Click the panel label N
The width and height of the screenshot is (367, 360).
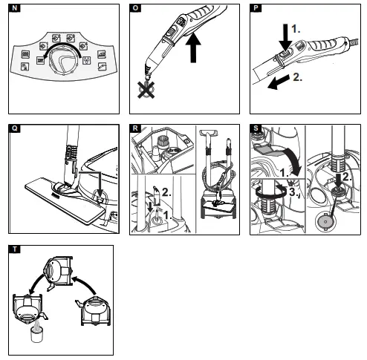point(15,8)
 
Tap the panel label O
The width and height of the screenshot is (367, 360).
point(135,8)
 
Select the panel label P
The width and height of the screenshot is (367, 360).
point(256,8)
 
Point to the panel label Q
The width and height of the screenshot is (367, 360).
point(15,128)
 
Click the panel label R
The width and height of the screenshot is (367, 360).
point(135,128)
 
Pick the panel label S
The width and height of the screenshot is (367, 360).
point(256,128)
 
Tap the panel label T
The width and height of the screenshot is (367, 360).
point(15,249)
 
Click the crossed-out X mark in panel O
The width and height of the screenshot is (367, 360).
point(146,89)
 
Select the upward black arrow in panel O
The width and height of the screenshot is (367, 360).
point(193,48)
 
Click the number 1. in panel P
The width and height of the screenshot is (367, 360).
point(296,29)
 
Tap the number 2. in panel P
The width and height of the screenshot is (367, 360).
point(297,77)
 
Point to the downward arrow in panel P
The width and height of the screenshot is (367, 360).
point(285,38)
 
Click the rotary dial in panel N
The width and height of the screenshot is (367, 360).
point(63,59)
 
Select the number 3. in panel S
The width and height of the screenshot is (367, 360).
point(293,192)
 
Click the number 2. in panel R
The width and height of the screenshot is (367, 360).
point(166,192)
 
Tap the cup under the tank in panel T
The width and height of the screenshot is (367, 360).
point(37,334)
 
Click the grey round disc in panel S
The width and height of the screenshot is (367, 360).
point(325,222)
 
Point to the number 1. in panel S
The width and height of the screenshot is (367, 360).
point(284,172)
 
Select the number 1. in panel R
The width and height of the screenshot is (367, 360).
point(168,215)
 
